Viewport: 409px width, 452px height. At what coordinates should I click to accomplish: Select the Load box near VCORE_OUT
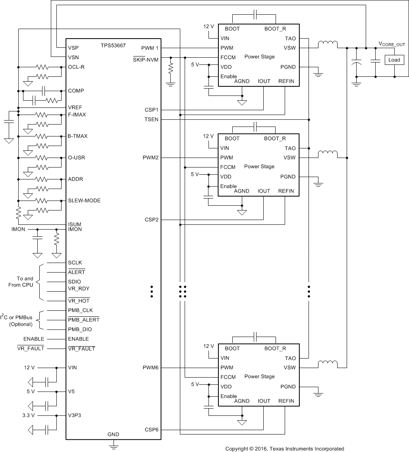[x=394, y=60]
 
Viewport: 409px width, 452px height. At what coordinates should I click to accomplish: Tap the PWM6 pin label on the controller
[x=151, y=368]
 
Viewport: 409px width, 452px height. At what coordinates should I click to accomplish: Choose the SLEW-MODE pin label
[x=84, y=201]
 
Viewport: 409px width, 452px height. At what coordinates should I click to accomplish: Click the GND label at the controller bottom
[x=113, y=434]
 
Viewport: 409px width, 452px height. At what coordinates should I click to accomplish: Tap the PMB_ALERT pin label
[x=83, y=320]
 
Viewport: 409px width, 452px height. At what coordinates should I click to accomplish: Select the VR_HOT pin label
[x=79, y=301]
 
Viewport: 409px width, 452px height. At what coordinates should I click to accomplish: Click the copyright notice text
[x=285, y=448]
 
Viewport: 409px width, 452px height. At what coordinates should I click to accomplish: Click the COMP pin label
[x=76, y=91]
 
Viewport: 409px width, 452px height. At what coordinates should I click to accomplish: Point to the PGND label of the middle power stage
[x=288, y=177]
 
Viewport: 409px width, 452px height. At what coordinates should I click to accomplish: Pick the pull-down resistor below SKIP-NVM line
[x=171, y=69]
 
